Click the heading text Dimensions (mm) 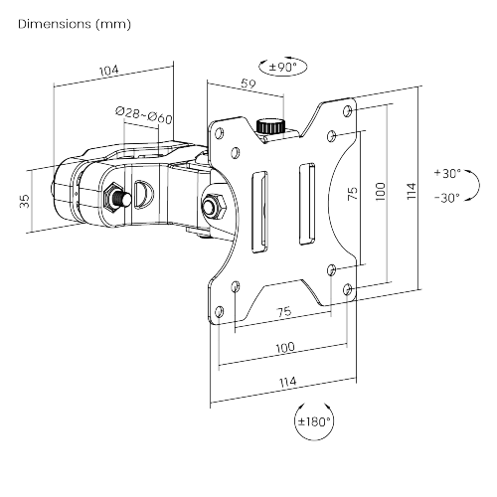point(75,24)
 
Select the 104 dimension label point(109,71)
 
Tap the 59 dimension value point(248,83)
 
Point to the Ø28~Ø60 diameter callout point(144,115)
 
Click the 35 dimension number point(25,201)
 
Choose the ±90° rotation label point(282,67)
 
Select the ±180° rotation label point(314,421)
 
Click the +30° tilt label point(447,173)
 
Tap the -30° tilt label point(447,198)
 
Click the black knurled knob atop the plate point(271,126)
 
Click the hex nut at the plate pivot point(214,205)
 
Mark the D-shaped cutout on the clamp point(143,195)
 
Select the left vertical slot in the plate point(259,212)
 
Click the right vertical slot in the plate point(307,204)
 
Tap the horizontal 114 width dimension point(287,382)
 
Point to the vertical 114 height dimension point(412,191)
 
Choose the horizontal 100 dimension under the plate point(285,347)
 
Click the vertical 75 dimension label point(353,194)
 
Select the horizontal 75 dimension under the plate point(284,312)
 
